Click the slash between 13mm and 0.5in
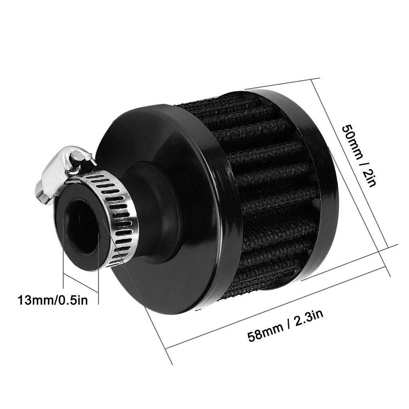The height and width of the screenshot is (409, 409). coord(56,300)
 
